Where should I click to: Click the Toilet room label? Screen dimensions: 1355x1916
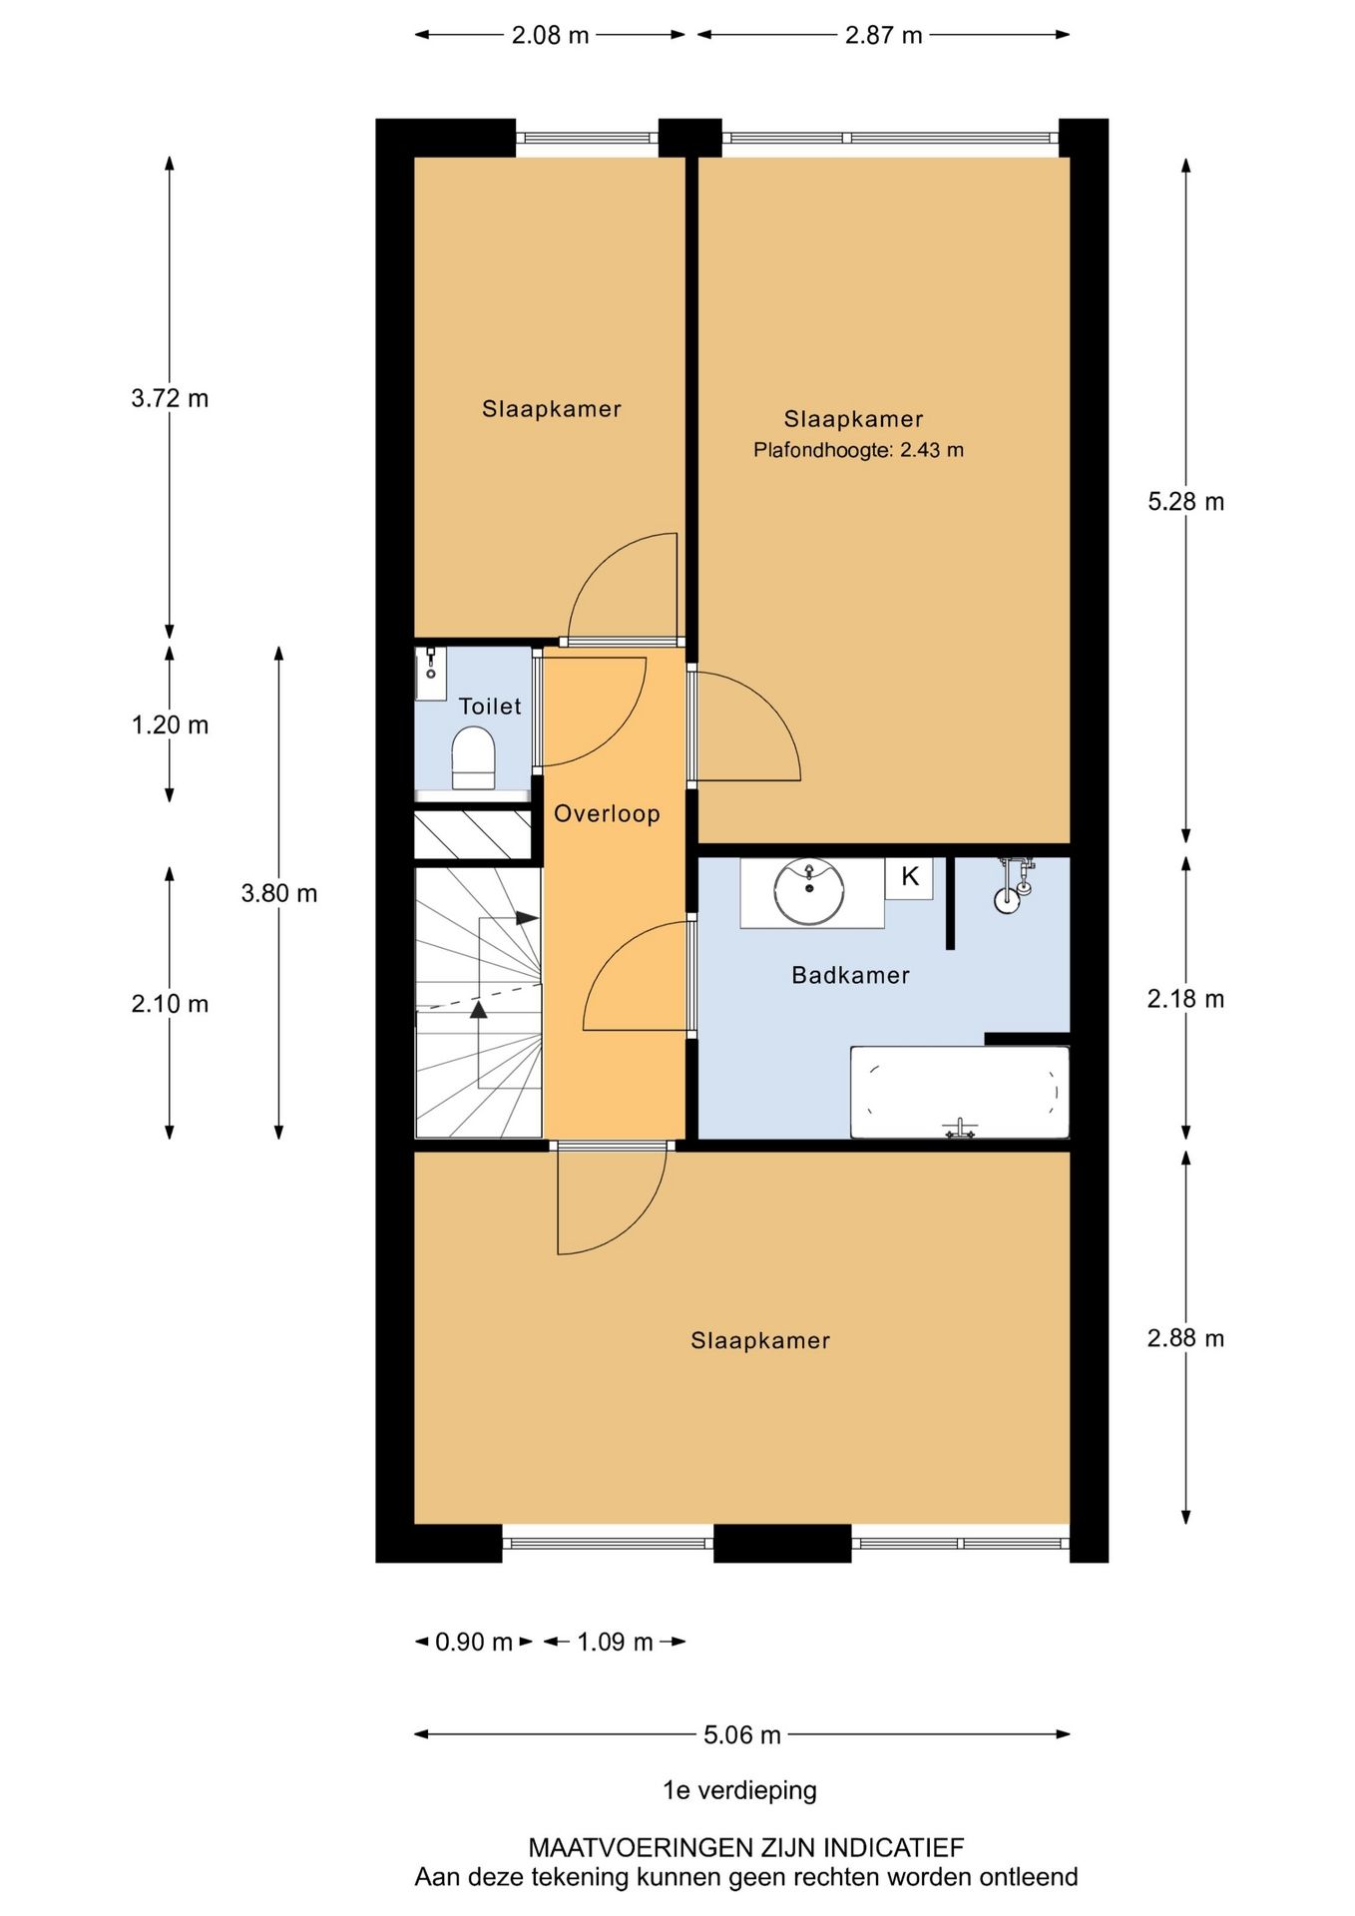click(489, 707)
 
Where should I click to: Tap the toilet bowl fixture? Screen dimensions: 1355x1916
click(474, 758)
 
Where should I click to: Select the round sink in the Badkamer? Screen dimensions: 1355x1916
click(809, 891)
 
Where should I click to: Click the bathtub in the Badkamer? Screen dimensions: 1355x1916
click(959, 1092)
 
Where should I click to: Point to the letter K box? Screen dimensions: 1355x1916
click(909, 877)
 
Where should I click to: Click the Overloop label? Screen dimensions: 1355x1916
click(607, 813)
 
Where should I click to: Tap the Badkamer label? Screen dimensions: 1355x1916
click(850, 975)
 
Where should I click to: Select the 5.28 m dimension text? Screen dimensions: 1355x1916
click(1185, 502)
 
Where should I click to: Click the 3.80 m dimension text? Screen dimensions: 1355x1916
click(279, 893)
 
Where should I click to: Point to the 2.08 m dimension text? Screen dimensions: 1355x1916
click(550, 35)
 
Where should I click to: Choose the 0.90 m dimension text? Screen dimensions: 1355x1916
click(473, 1642)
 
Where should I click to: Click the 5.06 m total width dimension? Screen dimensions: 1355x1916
click(741, 1734)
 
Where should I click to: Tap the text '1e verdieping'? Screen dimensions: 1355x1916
click(739, 1790)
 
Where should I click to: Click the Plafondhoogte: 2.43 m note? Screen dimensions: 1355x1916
click(858, 450)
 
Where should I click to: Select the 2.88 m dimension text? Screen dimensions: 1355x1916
click(1185, 1338)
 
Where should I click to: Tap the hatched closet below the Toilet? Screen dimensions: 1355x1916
click(472, 834)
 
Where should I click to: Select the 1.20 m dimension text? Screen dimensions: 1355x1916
click(170, 724)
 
